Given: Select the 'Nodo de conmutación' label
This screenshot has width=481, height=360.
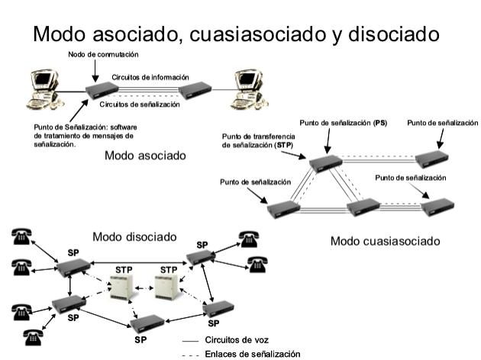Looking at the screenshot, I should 103,54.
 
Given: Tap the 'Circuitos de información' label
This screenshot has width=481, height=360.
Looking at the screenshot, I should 150,78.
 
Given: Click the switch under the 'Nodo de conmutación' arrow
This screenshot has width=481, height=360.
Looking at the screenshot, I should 101,91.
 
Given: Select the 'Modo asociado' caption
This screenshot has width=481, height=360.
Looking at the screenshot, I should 145,156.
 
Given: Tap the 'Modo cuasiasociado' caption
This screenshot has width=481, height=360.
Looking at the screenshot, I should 385,241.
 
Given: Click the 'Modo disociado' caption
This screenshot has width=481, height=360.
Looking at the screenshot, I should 134,236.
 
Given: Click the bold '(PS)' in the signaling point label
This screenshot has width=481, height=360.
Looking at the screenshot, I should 379,123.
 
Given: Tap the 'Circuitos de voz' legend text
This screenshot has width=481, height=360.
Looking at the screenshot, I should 237,340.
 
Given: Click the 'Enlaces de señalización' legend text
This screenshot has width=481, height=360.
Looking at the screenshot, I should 253,353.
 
